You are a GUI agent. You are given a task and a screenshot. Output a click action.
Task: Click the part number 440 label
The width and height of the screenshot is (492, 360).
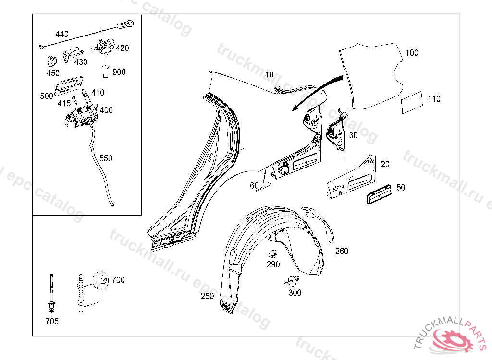click(x=62, y=34)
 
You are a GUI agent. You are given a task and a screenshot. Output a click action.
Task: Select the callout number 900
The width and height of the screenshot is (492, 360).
click(x=119, y=72)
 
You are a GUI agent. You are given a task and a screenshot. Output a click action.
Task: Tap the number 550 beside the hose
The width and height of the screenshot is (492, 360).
click(x=106, y=158)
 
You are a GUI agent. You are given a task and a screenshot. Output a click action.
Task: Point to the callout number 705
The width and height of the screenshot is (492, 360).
click(x=52, y=321)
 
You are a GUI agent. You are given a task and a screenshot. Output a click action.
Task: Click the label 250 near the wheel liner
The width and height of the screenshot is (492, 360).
click(x=207, y=296)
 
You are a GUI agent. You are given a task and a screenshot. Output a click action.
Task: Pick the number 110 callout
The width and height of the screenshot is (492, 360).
click(x=433, y=99)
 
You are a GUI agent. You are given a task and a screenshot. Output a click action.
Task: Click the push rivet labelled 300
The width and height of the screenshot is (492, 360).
click(x=292, y=281)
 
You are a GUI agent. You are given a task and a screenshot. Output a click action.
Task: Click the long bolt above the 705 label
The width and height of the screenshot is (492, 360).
click(x=51, y=287)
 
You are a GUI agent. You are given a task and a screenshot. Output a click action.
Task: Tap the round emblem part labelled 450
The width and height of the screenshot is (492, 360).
click(x=52, y=62)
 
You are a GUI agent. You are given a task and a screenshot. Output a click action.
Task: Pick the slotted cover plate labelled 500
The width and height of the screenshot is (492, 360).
click(x=68, y=85)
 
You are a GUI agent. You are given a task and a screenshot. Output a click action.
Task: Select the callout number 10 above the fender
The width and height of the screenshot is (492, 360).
click(x=269, y=74)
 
